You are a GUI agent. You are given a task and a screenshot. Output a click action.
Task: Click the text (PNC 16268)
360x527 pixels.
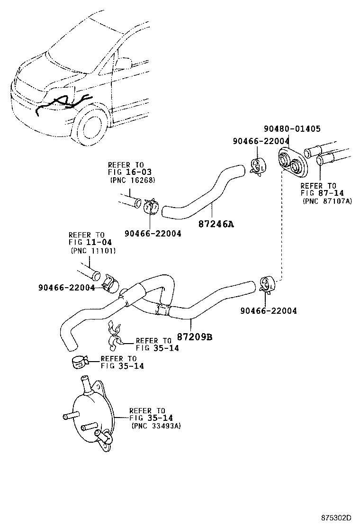pyautogui.click(x=132, y=181)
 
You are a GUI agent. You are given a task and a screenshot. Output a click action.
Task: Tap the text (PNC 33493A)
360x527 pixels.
pyautogui.click(x=156, y=426)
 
